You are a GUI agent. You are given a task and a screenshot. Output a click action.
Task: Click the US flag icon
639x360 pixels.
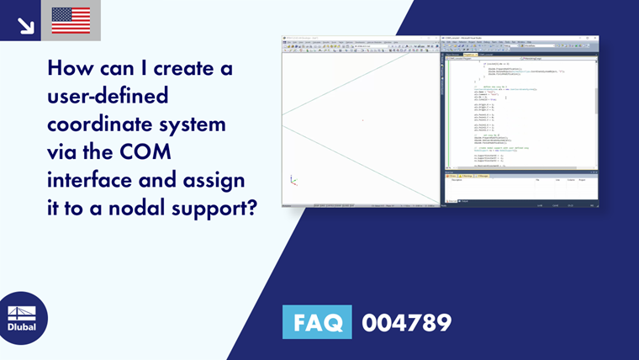tap(71, 20)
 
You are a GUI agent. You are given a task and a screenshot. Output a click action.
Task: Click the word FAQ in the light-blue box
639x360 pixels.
tap(318, 322)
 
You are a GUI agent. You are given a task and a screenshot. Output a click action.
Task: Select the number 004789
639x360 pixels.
tap(406, 322)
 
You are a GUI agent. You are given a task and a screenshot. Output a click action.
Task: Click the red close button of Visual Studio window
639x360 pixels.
tap(594, 37)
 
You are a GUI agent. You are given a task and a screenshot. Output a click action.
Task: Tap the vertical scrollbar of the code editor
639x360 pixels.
tap(595, 101)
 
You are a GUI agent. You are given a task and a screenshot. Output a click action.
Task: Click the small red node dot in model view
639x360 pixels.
tap(362, 120)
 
